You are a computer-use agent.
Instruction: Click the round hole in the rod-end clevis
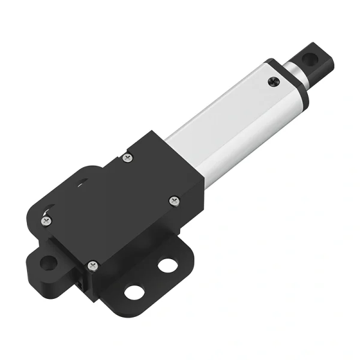(309, 59)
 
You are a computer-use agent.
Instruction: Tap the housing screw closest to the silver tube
(127, 158)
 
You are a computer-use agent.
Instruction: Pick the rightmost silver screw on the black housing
(173, 200)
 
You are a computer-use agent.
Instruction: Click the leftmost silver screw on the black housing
(46, 221)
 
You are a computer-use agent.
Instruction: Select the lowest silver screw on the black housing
(92, 265)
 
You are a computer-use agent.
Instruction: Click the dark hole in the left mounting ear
(49, 262)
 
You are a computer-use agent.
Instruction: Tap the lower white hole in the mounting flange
(133, 292)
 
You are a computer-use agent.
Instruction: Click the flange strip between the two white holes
(149, 277)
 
